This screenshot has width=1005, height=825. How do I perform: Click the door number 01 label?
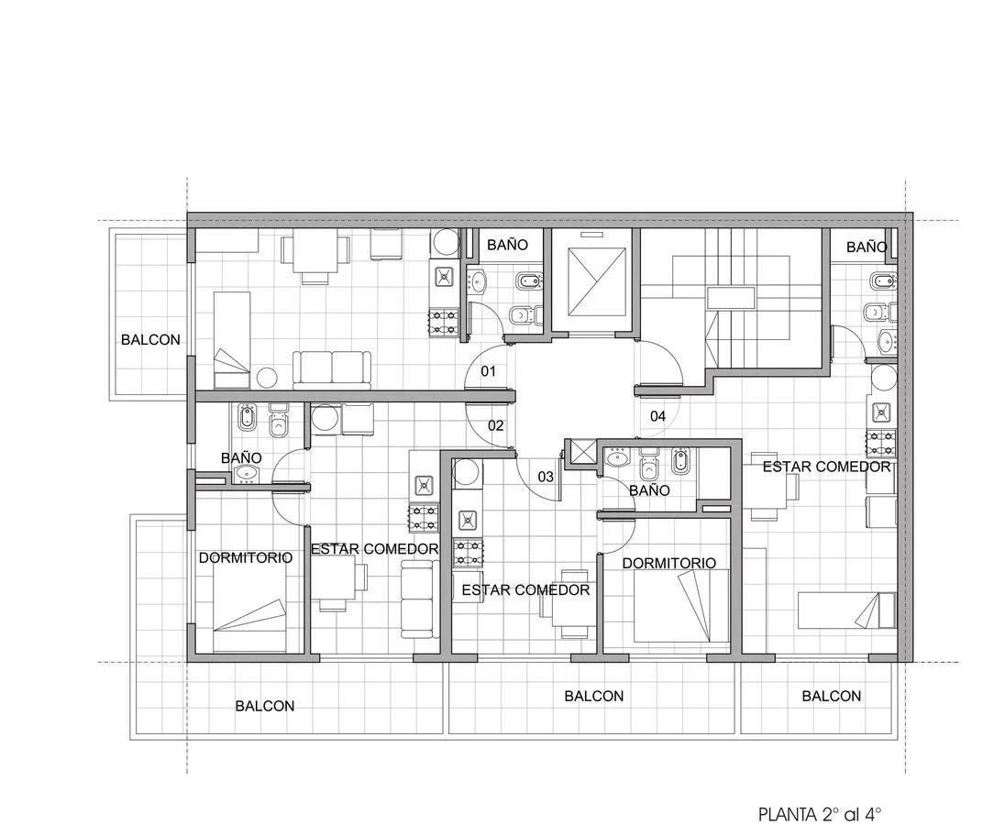point(489,371)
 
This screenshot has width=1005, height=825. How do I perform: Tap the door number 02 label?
point(495,425)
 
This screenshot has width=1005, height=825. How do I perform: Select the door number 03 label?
point(546,477)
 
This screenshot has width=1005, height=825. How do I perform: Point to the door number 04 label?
point(657,416)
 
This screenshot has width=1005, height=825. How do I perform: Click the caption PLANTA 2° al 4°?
point(820,815)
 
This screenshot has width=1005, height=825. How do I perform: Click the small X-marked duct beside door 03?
point(580,452)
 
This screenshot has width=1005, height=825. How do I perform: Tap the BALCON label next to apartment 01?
point(150,339)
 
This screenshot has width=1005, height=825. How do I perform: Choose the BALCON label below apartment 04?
point(832,696)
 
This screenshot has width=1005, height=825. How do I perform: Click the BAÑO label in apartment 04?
point(867,247)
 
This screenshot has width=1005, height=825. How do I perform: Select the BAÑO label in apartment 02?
point(241,458)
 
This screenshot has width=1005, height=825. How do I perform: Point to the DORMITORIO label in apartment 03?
point(669,563)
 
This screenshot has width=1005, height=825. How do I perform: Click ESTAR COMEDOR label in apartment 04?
point(827,467)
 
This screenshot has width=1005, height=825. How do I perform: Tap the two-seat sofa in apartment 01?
point(332,369)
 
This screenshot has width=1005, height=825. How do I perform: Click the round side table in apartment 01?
point(267,378)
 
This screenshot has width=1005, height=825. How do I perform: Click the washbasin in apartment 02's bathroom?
point(246,473)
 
